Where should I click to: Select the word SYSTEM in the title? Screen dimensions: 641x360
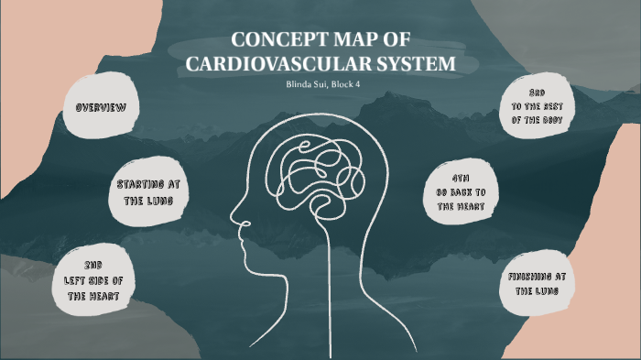click(416, 64)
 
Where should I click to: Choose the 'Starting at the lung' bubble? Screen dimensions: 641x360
click(147, 191)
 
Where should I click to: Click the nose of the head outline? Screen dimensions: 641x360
click(234, 220)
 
